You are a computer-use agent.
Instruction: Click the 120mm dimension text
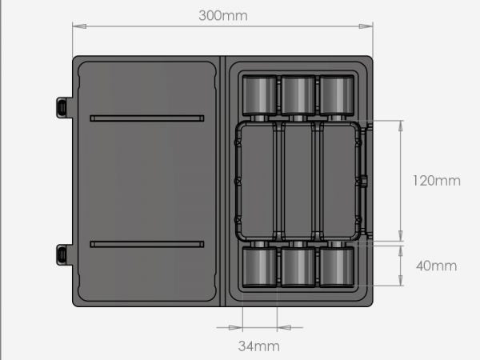pos(436,181)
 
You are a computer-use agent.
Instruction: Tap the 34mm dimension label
pos(259,346)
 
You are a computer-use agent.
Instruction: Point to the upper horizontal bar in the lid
pos(147,118)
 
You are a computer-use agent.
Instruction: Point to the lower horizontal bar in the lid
pos(147,244)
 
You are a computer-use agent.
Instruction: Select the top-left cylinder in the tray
pos(258,95)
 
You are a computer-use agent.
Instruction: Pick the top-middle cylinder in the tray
pos(298,95)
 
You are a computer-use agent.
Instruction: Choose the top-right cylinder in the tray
pos(337,95)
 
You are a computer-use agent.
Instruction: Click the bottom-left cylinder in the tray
pos(258,266)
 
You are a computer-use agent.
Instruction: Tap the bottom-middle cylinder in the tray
pos(298,266)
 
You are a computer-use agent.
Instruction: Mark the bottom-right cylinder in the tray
pos(337,266)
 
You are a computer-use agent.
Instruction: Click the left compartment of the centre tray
pos(258,181)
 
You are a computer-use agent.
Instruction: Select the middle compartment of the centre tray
pos(298,181)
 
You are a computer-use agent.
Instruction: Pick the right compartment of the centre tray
pos(338,181)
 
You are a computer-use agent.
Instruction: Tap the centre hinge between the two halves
pos(222,181)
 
